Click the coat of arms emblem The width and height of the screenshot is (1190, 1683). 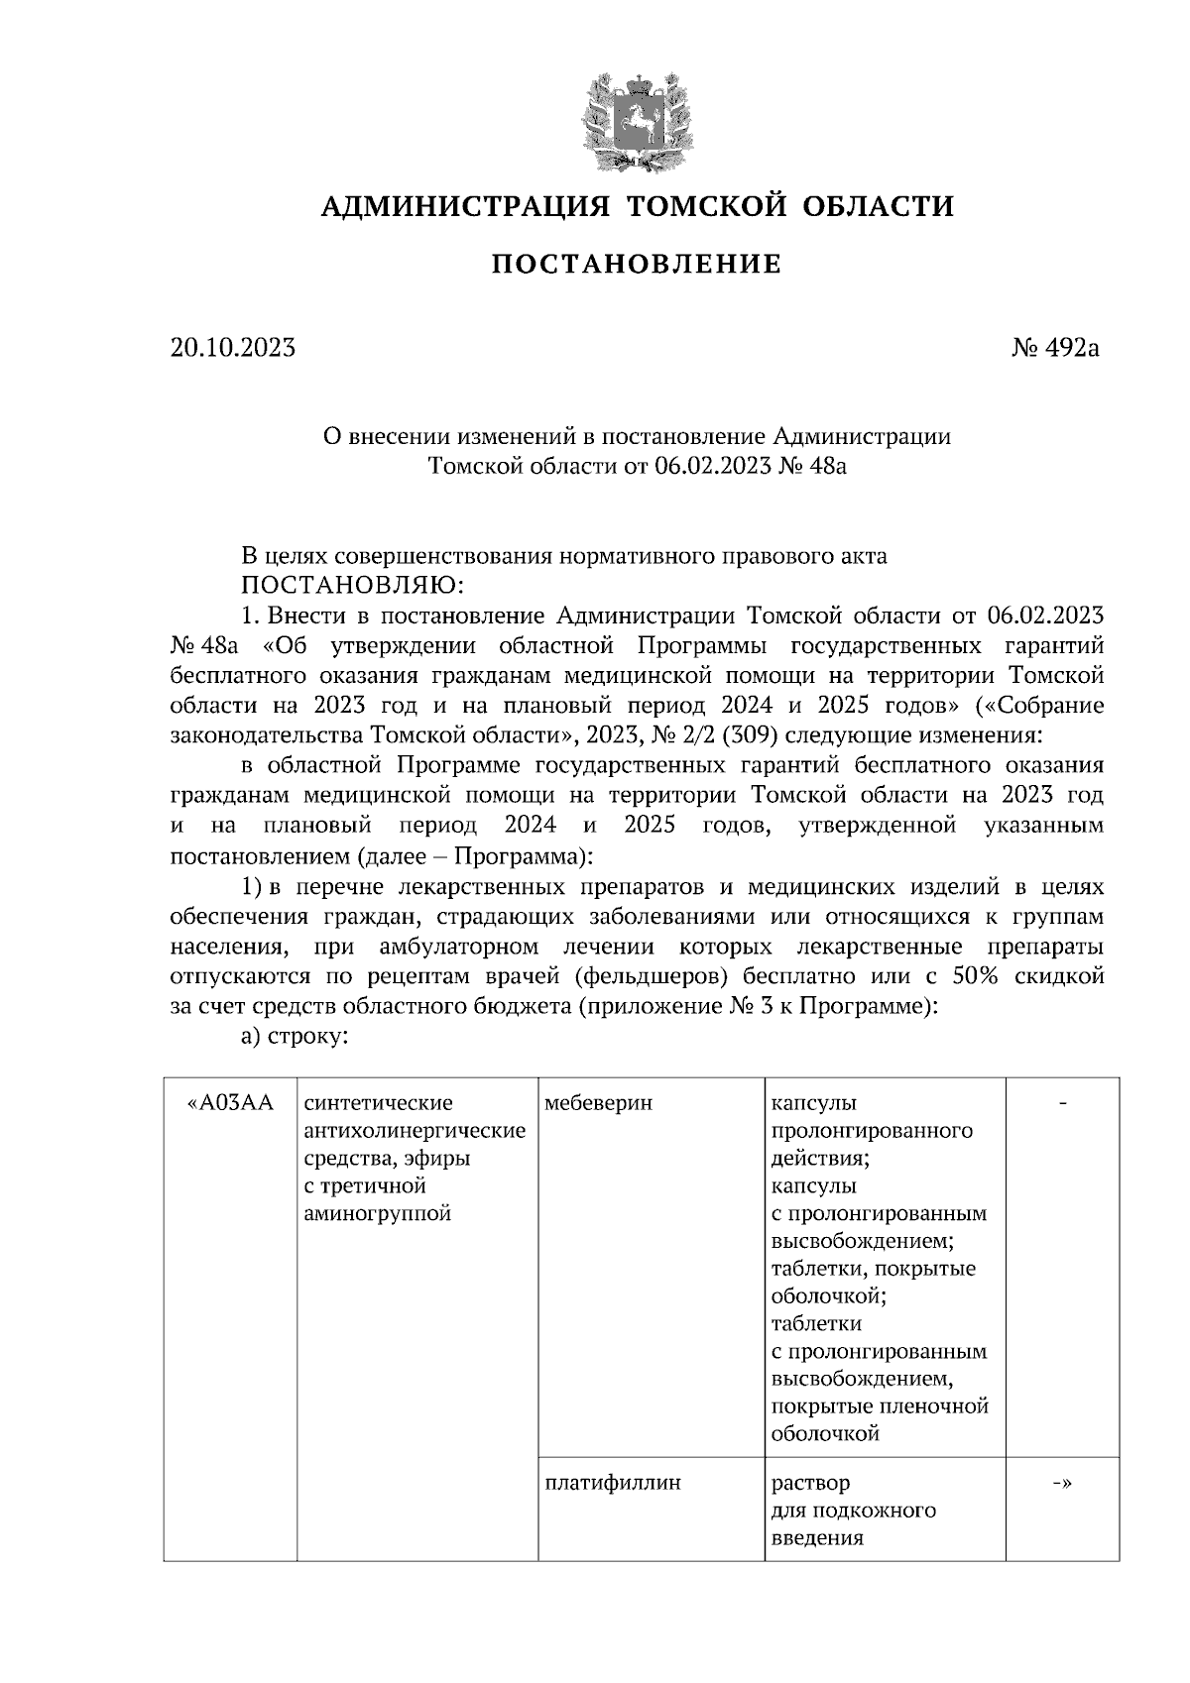pyautogui.click(x=636, y=122)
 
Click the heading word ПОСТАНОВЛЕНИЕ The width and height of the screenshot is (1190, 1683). pyautogui.click(x=637, y=265)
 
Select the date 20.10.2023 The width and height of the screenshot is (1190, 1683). pyautogui.click(x=232, y=348)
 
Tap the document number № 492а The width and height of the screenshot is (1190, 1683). pyautogui.click(x=1055, y=348)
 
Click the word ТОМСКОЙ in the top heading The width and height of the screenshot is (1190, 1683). pyautogui.click(x=708, y=206)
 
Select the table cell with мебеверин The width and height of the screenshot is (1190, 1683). pyautogui.click(x=599, y=1103)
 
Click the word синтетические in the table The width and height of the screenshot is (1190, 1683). pyautogui.click(x=378, y=1103)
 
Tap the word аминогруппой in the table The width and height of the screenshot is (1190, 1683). pyautogui.click(x=378, y=1213)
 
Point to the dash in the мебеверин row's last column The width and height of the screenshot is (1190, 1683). pyautogui.click(x=1062, y=1103)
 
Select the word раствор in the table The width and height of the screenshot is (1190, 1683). pyautogui.click(x=810, y=1483)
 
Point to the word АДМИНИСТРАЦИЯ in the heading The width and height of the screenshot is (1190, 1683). pyautogui.click(x=464, y=206)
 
